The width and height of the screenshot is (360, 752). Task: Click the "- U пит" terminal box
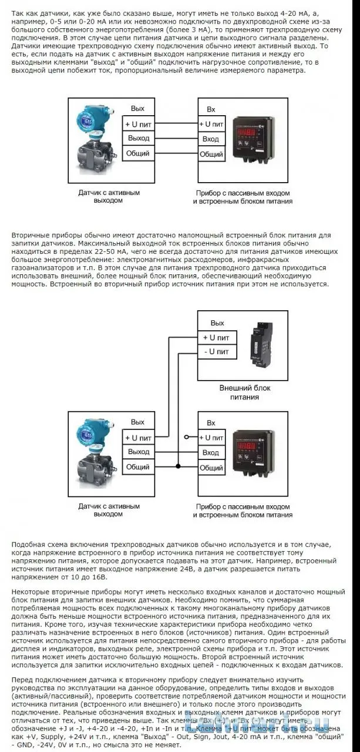coord(217,351)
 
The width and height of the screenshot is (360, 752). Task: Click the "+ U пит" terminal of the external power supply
coord(217,337)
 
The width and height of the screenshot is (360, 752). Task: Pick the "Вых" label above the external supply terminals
coord(217,323)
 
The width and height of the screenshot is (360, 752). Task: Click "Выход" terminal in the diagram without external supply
coord(138,139)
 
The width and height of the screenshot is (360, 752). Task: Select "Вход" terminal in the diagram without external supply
coord(211,139)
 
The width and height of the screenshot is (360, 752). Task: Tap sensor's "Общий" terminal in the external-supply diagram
coord(138,467)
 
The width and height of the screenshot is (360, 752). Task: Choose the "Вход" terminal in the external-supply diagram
coord(211,452)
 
